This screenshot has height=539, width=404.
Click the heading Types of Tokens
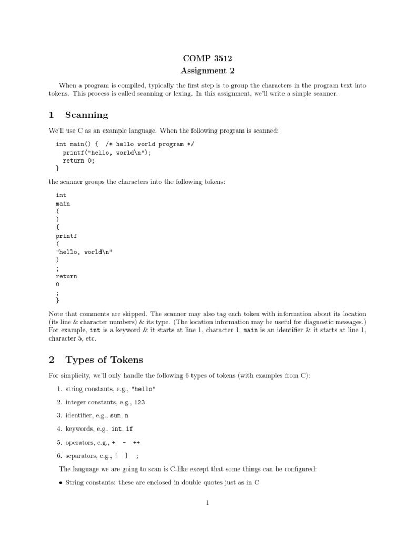[x=104, y=360]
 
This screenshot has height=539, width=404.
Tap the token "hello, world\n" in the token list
[x=84, y=252]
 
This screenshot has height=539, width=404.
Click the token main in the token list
[x=63, y=203]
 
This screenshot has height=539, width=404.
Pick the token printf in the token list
[x=66, y=236]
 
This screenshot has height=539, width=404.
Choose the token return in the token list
[x=66, y=276]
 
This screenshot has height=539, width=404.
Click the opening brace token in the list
[x=57, y=227]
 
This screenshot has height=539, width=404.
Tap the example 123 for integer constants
[x=139, y=402]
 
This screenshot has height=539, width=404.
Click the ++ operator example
[x=137, y=443]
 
